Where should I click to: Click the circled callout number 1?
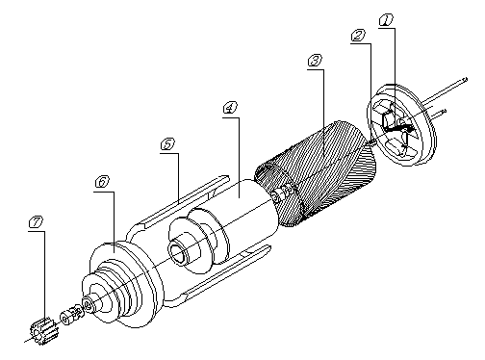(x=386, y=20)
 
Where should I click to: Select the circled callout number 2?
(x=358, y=36)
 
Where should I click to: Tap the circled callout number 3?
(x=315, y=61)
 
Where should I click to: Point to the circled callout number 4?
(x=230, y=108)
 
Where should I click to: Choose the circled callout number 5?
(x=167, y=144)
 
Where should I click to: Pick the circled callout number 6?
(x=102, y=182)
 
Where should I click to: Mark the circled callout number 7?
(x=36, y=221)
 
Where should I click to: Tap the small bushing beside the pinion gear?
(x=72, y=315)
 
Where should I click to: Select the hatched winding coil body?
(x=316, y=173)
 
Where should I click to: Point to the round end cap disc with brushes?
(x=401, y=125)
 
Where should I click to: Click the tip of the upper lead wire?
(x=466, y=79)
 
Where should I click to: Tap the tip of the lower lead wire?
(x=444, y=112)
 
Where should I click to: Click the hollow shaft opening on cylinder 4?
(x=176, y=252)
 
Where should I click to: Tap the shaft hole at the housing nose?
(x=88, y=303)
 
